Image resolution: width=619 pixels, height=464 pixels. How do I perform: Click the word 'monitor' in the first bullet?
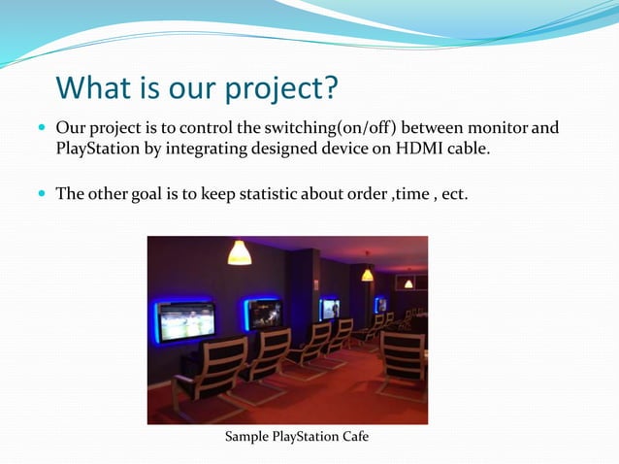click(x=495, y=128)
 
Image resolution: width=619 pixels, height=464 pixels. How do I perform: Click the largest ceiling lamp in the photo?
click(x=239, y=253)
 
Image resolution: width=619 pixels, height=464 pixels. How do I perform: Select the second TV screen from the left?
click(x=263, y=314)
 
